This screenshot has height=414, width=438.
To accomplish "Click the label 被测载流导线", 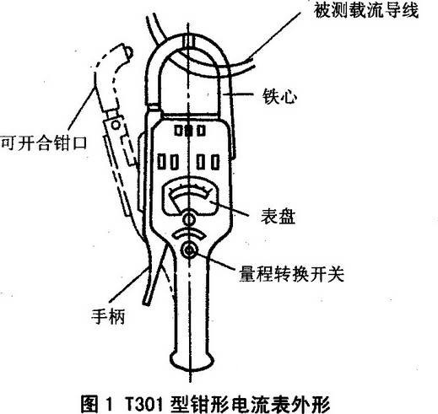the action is point(366,10).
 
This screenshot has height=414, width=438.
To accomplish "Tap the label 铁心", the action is point(279,97).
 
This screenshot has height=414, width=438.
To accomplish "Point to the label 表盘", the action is point(278,217).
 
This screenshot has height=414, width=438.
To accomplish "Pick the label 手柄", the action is point(108,316).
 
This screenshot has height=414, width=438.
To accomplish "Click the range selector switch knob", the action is point(190,250).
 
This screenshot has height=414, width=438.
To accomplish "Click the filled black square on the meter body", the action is point(189,131).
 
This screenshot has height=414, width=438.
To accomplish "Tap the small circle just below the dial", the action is point(189,219).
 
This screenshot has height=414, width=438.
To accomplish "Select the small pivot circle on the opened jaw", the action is point(116,124).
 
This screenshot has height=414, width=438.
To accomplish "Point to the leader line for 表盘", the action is point(229,208).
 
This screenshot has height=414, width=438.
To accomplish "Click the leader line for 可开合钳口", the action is point(81,108).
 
